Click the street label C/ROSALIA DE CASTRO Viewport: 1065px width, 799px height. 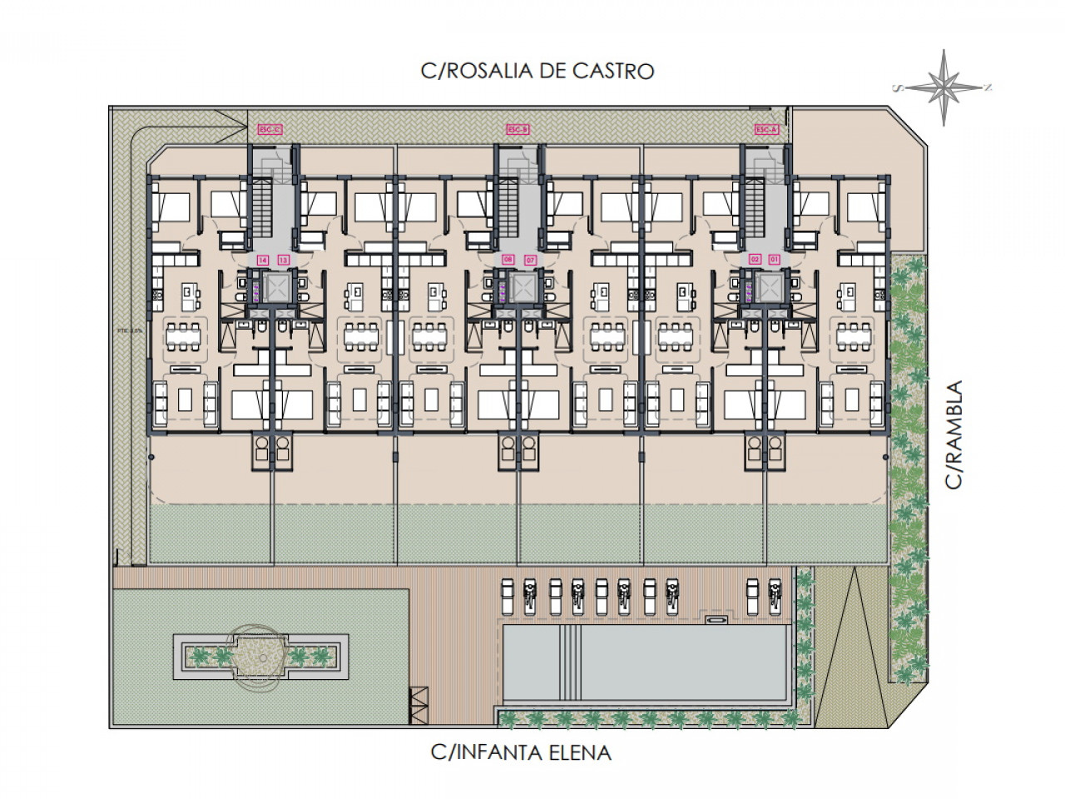pyautogui.click(x=537, y=71)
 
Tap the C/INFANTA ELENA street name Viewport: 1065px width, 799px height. pyautogui.click(x=521, y=753)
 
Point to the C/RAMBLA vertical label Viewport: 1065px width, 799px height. pyautogui.click(x=954, y=434)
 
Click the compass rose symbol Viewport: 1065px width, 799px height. pyautogui.click(x=945, y=87)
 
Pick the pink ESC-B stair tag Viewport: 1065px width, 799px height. pyautogui.click(x=518, y=129)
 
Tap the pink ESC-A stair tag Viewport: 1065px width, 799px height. pyautogui.click(x=765, y=129)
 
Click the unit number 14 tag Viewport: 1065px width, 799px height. pyautogui.click(x=263, y=261)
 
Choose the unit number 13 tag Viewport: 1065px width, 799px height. pyautogui.click(x=283, y=261)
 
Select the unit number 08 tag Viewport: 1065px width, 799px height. pyautogui.click(x=509, y=261)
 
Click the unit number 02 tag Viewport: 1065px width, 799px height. pyautogui.click(x=755, y=261)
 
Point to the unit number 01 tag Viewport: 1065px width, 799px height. pyautogui.click(x=775, y=261)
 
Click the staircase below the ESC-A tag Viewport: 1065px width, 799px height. pyautogui.click(x=755, y=204)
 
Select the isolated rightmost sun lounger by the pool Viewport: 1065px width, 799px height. pyautogui.click(x=754, y=596)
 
